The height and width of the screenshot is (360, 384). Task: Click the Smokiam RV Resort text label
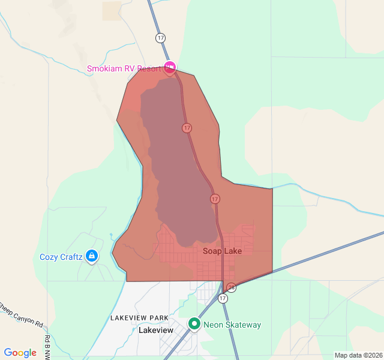pos(124,68)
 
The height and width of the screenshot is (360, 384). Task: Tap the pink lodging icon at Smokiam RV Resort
pos(170,67)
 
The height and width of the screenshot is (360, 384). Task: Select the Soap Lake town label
pos(222,251)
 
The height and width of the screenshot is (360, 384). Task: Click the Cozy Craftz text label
pos(61,257)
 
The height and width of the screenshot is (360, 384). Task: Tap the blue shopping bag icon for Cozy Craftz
pos(91,256)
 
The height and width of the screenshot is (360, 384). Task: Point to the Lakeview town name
pos(155,331)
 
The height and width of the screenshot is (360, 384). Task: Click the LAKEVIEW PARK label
pos(139,317)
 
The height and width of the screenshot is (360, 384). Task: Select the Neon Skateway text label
pos(232,325)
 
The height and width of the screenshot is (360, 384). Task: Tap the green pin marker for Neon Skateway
pos(194,324)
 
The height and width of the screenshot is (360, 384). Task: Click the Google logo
pos(20,353)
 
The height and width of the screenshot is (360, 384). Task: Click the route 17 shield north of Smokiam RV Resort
pos(160,38)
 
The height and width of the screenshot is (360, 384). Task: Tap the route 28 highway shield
pos(232,288)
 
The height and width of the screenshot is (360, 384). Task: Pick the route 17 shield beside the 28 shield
pos(223,298)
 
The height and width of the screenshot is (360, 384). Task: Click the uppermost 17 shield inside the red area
pos(187,128)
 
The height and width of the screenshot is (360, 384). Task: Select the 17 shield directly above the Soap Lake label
pos(215,199)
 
